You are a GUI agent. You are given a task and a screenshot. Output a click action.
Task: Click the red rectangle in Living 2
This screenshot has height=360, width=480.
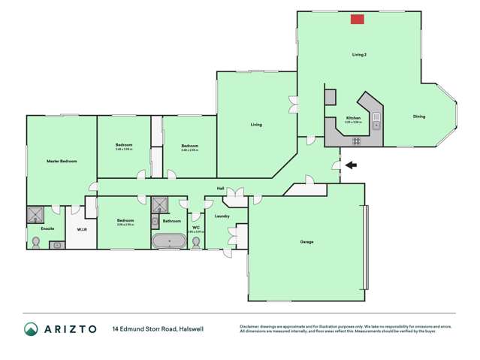358,19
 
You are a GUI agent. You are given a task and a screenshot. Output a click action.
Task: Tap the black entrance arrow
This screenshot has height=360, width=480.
351,165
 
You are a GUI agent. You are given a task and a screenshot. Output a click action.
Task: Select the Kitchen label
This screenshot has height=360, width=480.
354,119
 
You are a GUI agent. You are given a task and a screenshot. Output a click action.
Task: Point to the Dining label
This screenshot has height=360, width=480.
419,116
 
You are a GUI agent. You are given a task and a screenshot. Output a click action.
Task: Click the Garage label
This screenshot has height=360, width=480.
306,242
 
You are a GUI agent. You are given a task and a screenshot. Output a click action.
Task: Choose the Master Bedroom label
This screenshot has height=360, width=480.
62,161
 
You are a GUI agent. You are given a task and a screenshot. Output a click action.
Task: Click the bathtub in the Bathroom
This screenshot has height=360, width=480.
169,242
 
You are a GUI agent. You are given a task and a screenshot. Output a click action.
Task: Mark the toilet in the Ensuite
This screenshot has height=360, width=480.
35,241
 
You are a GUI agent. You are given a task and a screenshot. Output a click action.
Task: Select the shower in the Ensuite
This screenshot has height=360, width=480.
35,216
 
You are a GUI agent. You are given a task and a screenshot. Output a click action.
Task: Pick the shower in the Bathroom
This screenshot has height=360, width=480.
160,205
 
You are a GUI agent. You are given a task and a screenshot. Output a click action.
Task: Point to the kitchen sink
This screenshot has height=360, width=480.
377,126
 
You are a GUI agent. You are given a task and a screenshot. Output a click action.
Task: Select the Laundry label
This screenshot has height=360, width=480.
222,216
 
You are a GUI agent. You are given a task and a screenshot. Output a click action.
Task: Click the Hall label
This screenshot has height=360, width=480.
221,189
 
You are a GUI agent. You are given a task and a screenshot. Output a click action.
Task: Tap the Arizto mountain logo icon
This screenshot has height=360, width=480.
32,329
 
